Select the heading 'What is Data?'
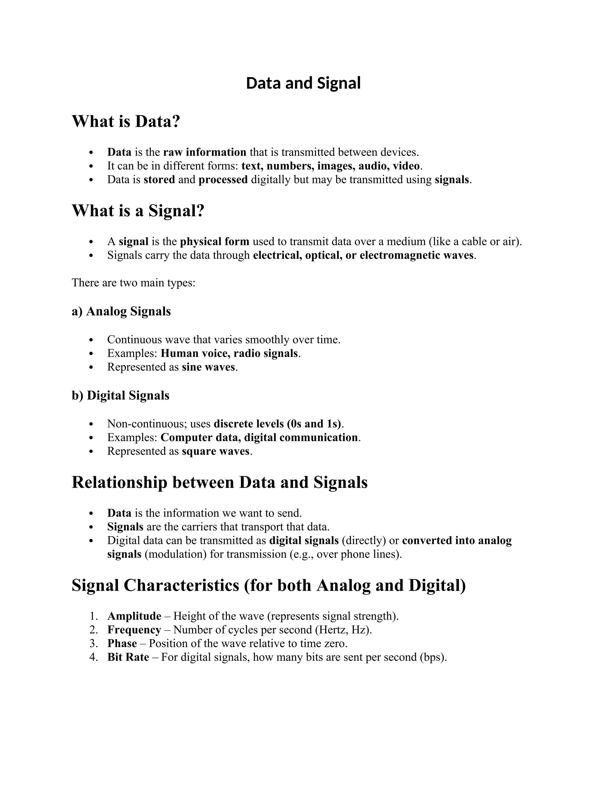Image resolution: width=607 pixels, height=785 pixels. pyautogui.click(x=126, y=121)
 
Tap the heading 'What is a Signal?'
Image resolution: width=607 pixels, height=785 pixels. pyautogui.click(x=138, y=211)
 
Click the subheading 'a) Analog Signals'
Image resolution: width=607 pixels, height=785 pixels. pyautogui.click(x=121, y=311)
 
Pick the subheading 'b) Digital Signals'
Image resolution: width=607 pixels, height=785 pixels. pyautogui.click(x=120, y=395)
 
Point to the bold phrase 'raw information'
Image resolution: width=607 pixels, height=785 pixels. pyautogui.click(x=205, y=152)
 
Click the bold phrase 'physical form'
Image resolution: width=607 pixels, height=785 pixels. pyautogui.click(x=214, y=241)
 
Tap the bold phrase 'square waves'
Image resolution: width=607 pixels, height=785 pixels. pyautogui.click(x=215, y=451)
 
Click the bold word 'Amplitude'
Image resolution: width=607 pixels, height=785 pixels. pyautogui.click(x=134, y=616)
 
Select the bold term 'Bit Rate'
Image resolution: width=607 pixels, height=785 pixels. pyautogui.click(x=128, y=657)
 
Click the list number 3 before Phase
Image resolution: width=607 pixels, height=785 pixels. pyautogui.click(x=93, y=643)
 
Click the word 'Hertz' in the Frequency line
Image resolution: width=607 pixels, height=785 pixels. pyautogui.click(x=331, y=630)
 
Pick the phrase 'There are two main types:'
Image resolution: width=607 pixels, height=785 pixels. pyautogui.click(x=133, y=283)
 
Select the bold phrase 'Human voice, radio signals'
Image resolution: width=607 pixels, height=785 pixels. pyautogui.click(x=229, y=353)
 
